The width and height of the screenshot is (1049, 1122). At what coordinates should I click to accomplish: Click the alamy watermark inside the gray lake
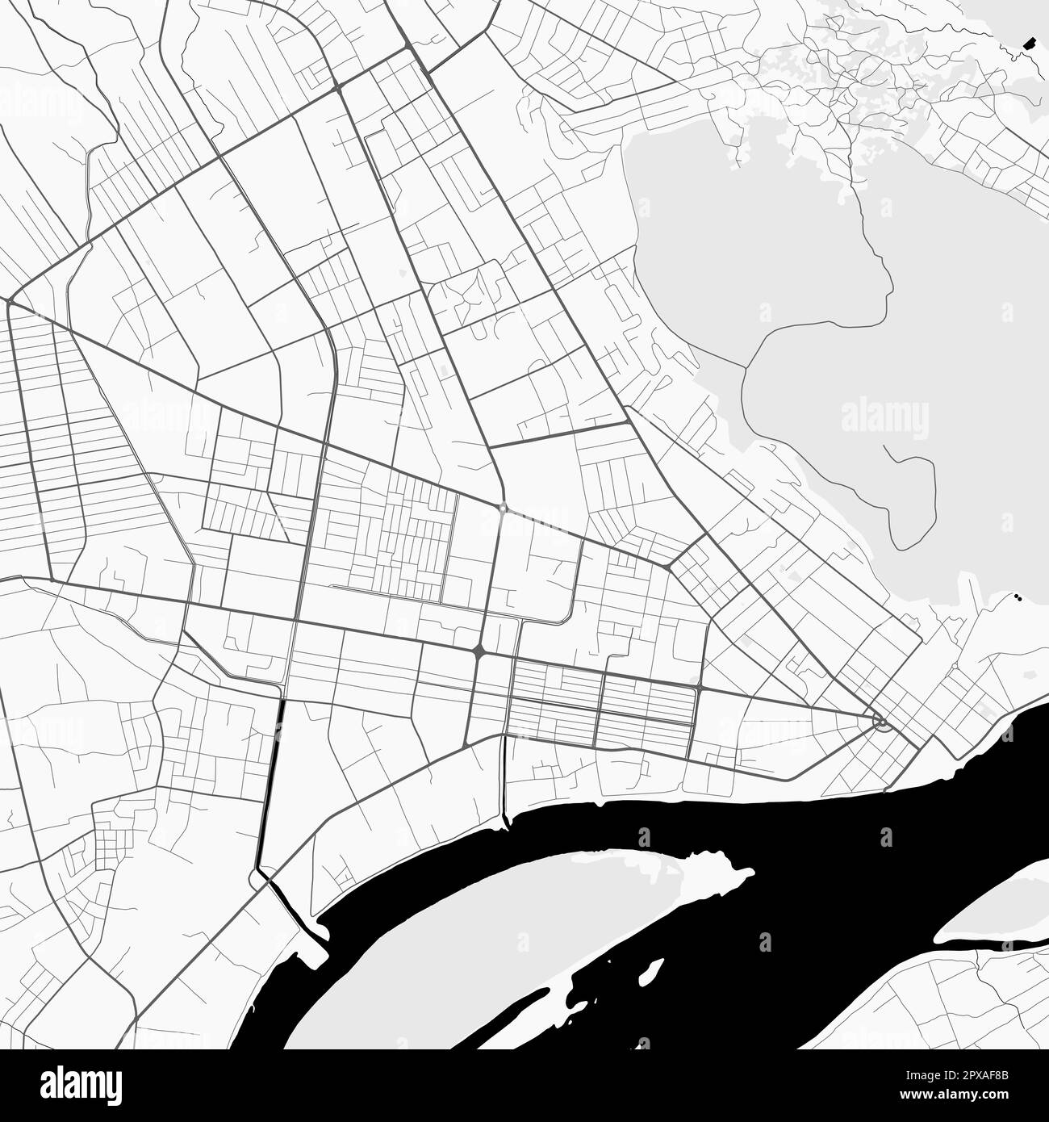[x=884, y=418]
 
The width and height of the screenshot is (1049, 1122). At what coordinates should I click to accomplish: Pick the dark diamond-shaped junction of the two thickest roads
[x=479, y=650]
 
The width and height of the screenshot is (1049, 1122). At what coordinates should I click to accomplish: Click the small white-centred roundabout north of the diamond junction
[x=502, y=509]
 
